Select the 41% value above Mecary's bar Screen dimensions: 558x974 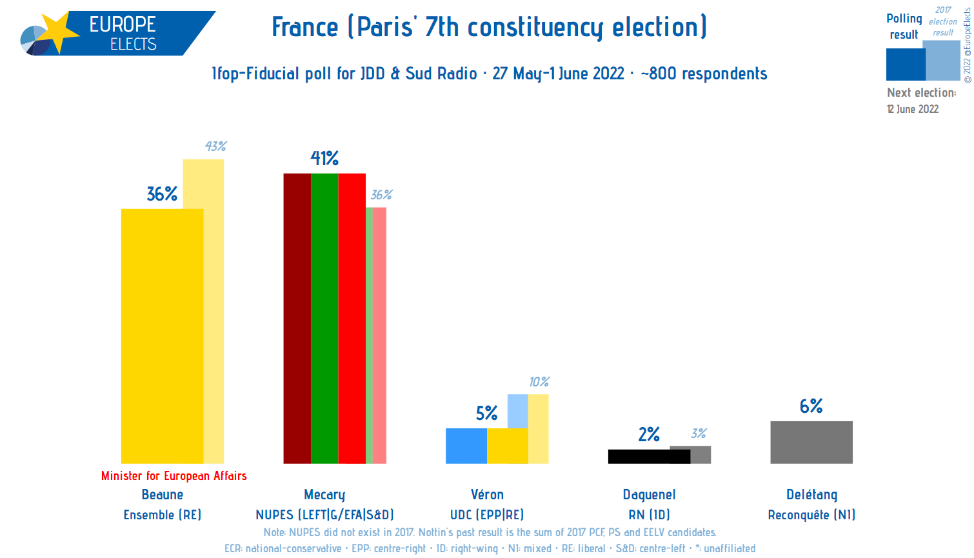[324, 158]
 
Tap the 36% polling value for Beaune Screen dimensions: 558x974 [162, 194]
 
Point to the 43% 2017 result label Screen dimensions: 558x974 [215, 146]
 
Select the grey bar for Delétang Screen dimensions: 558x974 [811, 443]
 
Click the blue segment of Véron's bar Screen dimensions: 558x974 [466, 446]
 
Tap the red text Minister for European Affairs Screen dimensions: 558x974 [174, 476]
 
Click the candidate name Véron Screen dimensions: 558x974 [487, 495]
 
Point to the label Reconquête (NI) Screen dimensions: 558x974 [811, 515]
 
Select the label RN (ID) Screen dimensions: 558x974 [649, 515]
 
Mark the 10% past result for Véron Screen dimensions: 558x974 [539, 382]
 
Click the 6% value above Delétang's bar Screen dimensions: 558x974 [811, 406]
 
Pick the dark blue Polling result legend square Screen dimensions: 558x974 [906, 65]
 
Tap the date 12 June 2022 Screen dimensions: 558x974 [913, 109]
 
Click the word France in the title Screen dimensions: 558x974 [305, 28]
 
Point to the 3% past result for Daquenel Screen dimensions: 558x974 [699, 433]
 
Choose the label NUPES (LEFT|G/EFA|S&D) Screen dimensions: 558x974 [324, 515]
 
